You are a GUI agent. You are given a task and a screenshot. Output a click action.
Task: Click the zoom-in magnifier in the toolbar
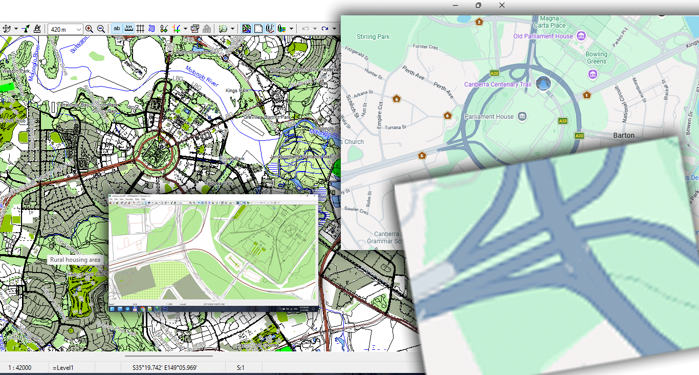90,29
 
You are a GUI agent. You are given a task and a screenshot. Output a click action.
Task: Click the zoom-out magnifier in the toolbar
101,29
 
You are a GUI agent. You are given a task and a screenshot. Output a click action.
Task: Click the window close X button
502,5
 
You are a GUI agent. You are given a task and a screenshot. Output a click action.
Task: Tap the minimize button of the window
455,5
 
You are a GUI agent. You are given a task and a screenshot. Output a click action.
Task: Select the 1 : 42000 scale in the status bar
20,367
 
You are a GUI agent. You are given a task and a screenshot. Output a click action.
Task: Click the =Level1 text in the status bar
63,367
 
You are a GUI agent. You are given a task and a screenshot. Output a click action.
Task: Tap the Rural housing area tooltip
75,260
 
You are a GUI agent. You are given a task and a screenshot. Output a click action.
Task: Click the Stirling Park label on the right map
373,37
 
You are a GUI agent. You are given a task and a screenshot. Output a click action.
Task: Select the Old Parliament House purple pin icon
581,36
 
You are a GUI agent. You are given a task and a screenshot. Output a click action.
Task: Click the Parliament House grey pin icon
522,116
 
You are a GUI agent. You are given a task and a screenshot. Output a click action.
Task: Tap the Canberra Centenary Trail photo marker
543,84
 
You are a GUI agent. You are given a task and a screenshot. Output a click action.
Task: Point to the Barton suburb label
623,136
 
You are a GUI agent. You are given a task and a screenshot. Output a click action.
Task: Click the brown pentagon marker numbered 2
479,22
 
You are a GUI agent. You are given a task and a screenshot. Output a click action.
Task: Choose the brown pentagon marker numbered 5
422,155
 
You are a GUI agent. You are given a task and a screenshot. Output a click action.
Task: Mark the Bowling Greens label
596,57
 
